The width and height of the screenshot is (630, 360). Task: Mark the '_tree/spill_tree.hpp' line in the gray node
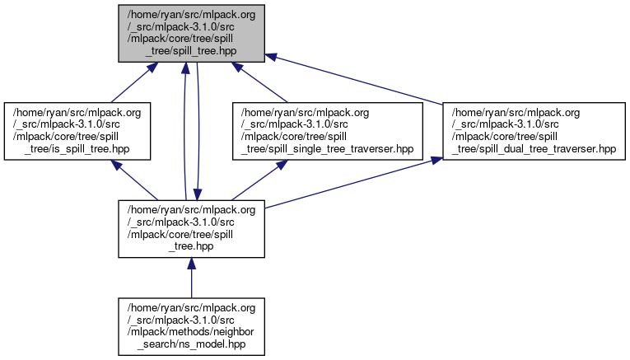192,51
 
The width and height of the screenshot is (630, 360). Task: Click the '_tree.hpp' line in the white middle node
192,246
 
